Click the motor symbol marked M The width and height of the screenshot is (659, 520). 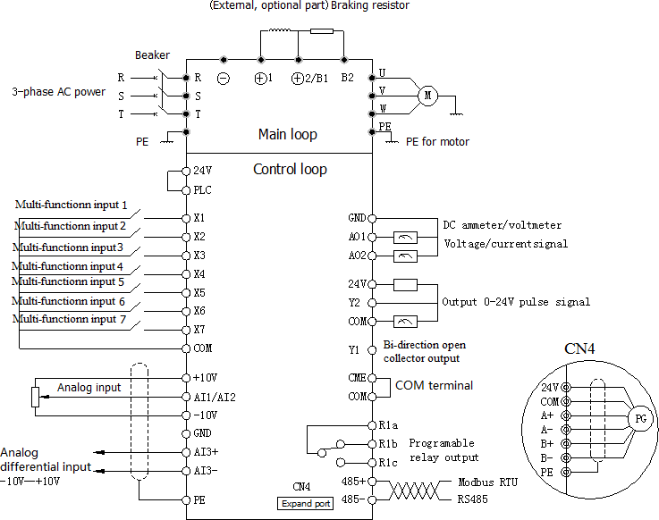pos(427,96)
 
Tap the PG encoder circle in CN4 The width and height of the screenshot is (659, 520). pos(640,418)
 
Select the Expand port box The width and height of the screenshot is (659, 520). pos(306,504)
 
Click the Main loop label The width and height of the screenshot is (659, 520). pos(287,134)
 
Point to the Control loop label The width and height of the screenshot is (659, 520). pos(290,169)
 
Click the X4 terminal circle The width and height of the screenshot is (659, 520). pos(186,274)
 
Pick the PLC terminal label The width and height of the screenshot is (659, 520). pos(202,190)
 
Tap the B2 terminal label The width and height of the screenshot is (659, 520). pos(347,78)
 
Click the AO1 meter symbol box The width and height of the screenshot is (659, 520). pos(405,238)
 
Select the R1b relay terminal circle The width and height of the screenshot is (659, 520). pos(372,444)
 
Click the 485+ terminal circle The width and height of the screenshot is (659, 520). pos(372,482)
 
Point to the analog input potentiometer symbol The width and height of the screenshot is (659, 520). pos(35,397)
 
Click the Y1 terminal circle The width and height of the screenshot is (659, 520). pos(372,350)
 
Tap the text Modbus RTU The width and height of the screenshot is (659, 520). pos(487,482)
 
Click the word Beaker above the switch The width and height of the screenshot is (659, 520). pos(152,55)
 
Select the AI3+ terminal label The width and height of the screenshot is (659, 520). pos(206,452)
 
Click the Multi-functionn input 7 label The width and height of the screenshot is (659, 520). pos(70,319)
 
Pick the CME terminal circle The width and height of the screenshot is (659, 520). pos(372,378)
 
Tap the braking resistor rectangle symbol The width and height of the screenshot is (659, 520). pos(322,31)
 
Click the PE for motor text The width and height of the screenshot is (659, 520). pos(437,142)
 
